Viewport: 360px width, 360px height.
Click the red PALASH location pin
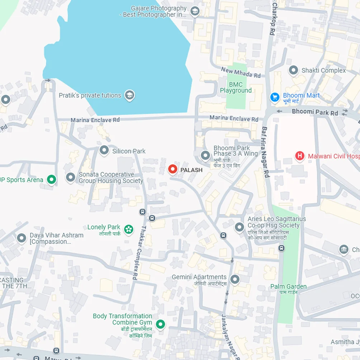(x=173, y=169)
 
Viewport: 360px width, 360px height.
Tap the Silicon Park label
(x=129, y=151)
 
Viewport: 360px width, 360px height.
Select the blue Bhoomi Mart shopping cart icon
(x=275, y=97)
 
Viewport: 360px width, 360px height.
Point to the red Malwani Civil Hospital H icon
(x=299, y=156)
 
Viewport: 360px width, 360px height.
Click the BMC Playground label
(x=236, y=87)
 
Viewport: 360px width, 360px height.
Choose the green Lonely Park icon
(x=128, y=229)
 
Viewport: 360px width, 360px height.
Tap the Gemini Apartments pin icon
(x=235, y=279)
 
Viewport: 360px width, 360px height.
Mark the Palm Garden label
(x=288, y=286)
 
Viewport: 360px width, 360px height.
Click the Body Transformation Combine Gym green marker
(x=160, y=325)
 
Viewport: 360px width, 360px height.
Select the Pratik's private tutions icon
(x=129, y=95)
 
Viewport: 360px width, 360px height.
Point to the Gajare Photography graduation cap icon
(x=195, y=11)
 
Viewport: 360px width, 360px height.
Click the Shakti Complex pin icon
(x=293, y=70)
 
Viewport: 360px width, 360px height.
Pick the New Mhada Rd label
(x=241, y=72)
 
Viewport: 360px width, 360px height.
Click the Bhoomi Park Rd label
(x=315, y=112)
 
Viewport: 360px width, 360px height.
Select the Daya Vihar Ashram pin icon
(x=22, y=238)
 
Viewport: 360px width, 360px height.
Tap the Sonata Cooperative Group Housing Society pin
(x=70, y=177)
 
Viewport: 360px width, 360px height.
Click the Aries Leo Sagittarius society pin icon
(x=239, y=227)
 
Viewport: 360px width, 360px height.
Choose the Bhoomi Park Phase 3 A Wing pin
(x=205, y=156)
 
